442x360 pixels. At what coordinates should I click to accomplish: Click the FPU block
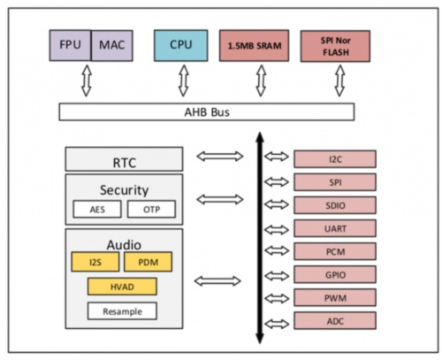pos(70,45)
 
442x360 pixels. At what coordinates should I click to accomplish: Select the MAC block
pos(112,45)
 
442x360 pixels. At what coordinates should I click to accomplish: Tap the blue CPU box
pos(181,45)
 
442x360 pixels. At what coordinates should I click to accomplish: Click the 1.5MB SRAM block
pos(254,46)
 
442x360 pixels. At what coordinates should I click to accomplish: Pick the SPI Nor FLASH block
pos(335,46)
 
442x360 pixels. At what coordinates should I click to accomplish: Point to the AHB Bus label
pos(207,112)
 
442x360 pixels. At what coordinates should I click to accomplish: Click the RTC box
pos(124,159)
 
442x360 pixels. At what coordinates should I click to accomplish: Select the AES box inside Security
pos(97,209)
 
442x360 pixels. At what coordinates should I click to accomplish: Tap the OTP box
pos(151,209)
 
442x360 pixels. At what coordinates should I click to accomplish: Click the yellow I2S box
pos(95,262)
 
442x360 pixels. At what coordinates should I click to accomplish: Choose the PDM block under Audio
pos(149,262)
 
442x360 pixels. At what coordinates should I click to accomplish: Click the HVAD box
pos(122,287)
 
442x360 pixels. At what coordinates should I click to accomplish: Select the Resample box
pos(122,311)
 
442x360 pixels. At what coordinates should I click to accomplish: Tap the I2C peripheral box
pos(335,159)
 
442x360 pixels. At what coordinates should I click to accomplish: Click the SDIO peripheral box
pos(335,205)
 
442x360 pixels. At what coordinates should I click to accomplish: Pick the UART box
pos(335,228)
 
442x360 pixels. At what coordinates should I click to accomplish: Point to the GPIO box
pos(335,274)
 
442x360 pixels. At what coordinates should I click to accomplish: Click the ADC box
pos(335,320)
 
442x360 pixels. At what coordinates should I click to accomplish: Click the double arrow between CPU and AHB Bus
pos(184,80)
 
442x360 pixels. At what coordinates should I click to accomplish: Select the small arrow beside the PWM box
pos(277,298)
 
